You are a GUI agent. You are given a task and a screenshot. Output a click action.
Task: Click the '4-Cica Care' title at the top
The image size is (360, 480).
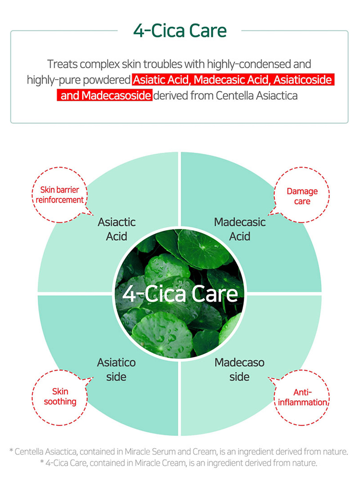180,31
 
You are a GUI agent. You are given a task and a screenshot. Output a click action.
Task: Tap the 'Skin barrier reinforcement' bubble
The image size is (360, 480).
60,195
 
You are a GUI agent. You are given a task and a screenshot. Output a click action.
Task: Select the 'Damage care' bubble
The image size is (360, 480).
302,195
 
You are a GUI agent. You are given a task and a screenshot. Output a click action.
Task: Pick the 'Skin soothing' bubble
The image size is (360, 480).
60,397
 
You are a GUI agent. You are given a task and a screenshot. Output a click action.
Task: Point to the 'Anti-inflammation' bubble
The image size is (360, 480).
302,397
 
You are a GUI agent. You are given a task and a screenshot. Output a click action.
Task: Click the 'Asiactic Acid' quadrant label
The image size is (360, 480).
117,229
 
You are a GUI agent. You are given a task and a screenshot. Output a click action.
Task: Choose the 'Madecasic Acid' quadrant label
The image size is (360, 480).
240,229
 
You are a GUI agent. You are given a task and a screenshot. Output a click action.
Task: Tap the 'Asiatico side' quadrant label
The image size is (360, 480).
116,370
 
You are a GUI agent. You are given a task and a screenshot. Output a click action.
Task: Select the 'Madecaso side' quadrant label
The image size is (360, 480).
240,370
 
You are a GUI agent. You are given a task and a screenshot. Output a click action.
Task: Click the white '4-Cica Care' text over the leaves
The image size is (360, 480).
180,294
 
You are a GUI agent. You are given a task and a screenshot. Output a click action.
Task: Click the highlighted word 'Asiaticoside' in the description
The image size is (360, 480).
302,80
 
